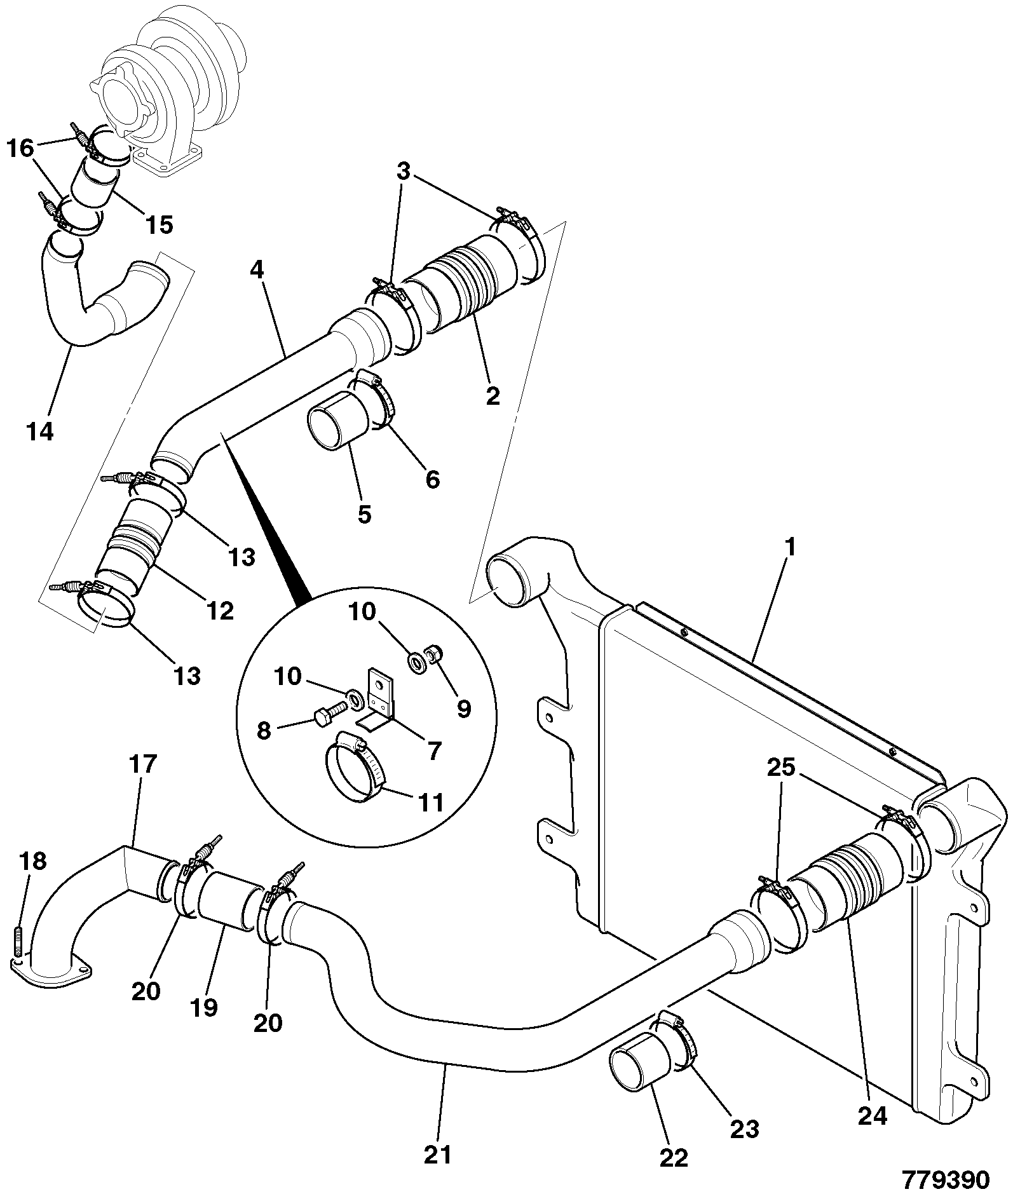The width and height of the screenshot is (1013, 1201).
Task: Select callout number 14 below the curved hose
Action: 41,432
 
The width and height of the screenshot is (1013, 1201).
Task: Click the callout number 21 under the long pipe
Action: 438,1154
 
